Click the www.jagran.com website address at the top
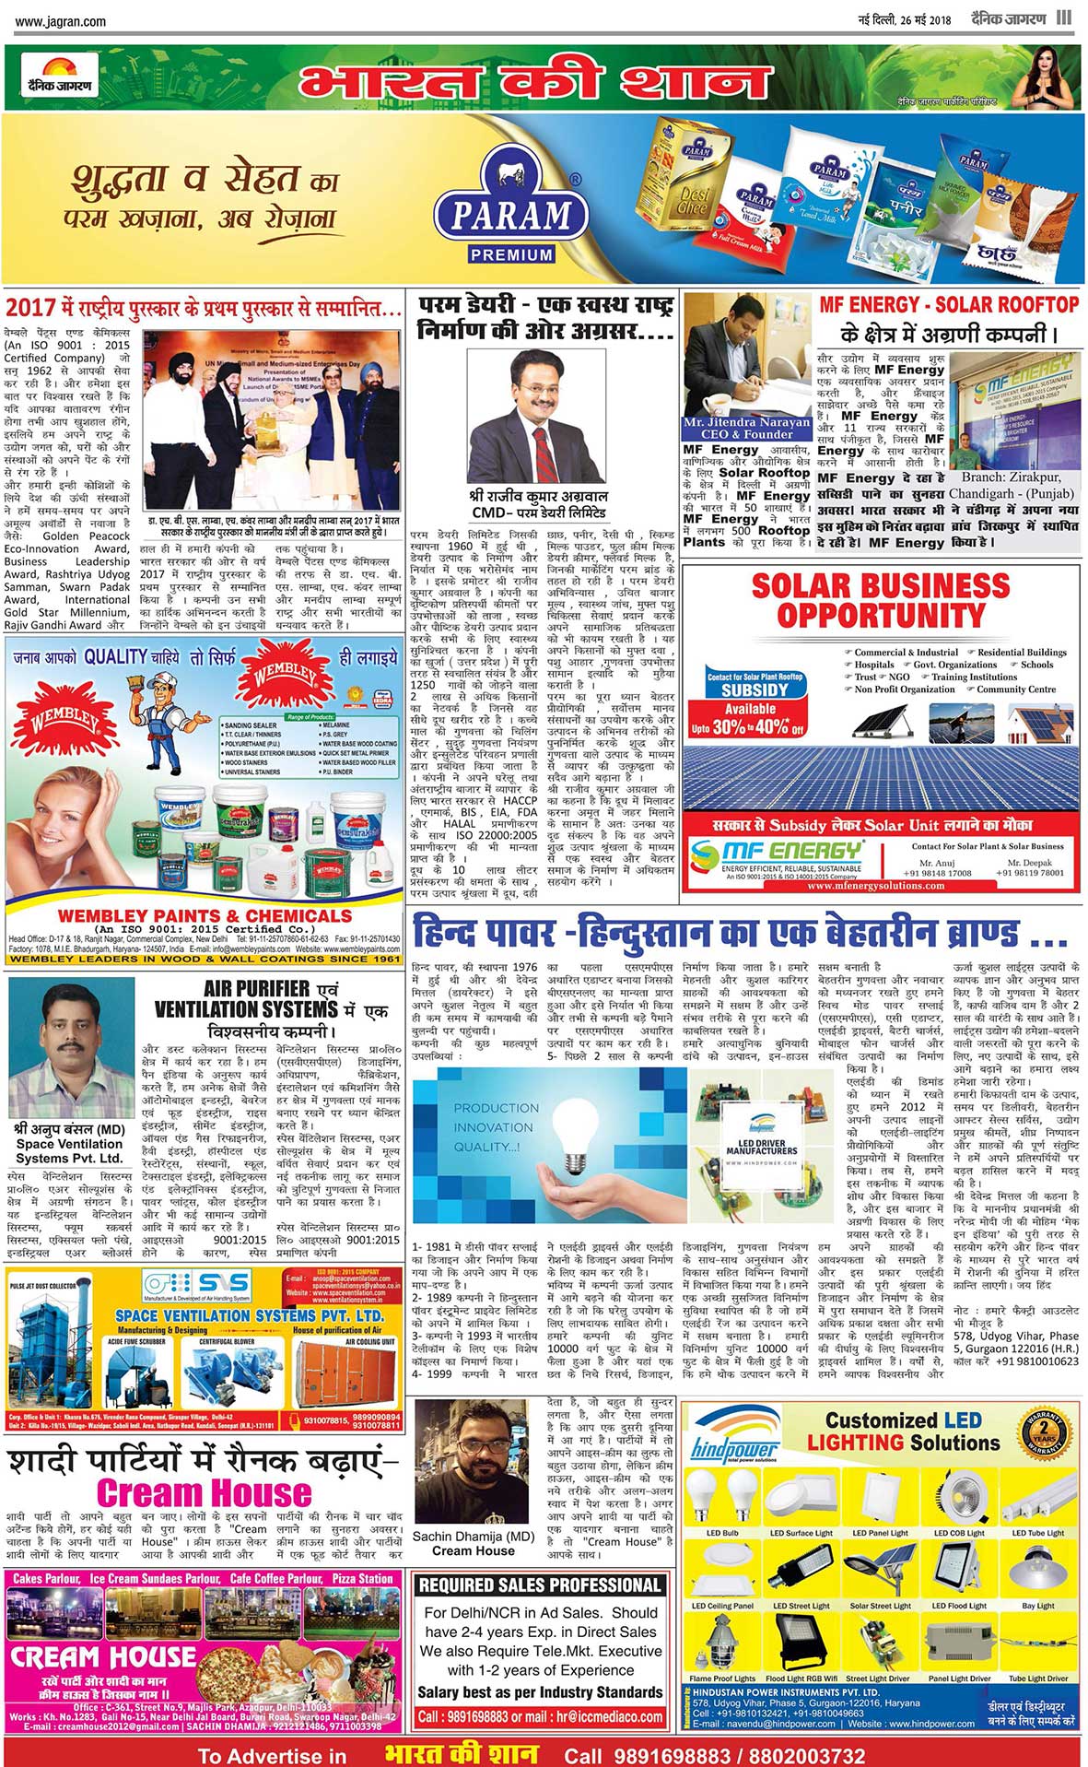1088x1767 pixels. [x=61, y=21]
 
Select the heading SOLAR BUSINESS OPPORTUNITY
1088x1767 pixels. [x=881, y=600]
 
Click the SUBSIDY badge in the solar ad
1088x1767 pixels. [x=755, y=689]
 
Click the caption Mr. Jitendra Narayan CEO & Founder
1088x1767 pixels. [x=747, y=428]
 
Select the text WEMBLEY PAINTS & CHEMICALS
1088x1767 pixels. [x=204, y=915]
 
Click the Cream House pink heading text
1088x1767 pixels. [x=204, y=1492]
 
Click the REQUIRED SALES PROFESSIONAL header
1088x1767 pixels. [x=540, y=1585]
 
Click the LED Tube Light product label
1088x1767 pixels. [x=1037, y=1533]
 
